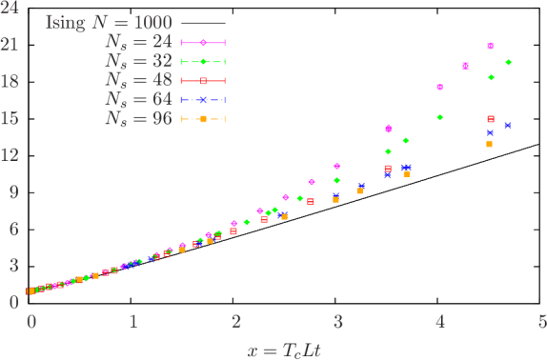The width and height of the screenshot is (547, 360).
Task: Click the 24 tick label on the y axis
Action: [x=11, y=9]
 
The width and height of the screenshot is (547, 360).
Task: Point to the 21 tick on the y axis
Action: [x=11, y=45]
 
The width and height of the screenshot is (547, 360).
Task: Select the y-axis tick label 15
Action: [x=11, y=118]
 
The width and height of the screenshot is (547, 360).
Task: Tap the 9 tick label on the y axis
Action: [x=14, y=191]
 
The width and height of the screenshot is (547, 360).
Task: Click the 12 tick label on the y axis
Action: [x=11, y=154]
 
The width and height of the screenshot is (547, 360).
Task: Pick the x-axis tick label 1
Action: [x=132, y=322]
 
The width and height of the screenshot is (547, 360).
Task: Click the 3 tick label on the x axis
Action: [x=337, y=322]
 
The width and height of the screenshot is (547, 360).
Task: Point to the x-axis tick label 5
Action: [x=541, y=322]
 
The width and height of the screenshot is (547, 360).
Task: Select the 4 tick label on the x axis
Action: [x=439, y=322]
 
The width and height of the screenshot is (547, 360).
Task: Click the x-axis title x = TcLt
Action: [x=285, y=350]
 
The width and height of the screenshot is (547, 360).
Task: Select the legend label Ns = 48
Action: [x=138, y=80]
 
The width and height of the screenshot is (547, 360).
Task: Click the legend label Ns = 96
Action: [x=138, y=119]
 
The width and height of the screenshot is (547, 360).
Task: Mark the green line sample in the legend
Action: [x=203, y=61]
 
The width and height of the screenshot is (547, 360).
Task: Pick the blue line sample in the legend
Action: [x=203, y=100]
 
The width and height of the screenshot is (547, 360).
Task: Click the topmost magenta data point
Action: [x=491, y=46]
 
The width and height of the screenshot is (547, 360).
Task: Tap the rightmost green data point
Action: [x=508, y=62]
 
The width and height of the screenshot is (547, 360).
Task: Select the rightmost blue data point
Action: [x=508, y=125]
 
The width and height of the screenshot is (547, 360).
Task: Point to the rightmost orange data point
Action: [x=489, y=144]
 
